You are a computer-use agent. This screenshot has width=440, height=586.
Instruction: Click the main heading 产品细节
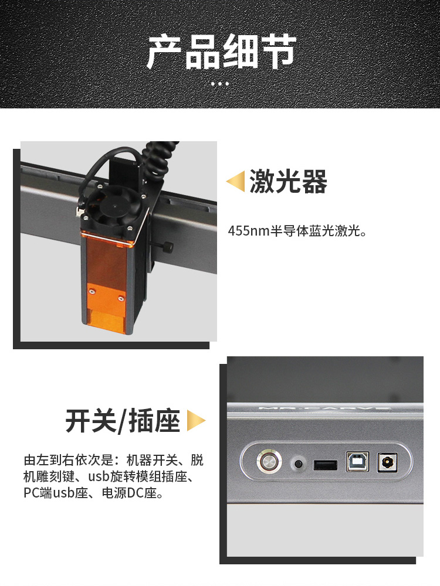(x=221, y=51)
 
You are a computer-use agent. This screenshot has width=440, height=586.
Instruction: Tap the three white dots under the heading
(x=220, y=84)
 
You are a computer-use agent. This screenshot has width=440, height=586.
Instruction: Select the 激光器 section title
(x=288, y=181)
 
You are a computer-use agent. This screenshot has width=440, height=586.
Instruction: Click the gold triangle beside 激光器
(x=235, y=181)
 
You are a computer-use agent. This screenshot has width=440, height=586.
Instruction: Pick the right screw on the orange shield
(x=120, y=298)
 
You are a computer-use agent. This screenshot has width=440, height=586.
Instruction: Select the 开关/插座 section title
(x=123, y=421)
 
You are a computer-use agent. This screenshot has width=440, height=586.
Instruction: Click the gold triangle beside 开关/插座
(x=196, y=421)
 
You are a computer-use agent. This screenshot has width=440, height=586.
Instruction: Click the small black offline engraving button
(x=299, y=464)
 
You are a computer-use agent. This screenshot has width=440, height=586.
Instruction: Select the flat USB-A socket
(x=325, y=465)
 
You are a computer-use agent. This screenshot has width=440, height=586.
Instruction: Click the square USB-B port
(x=357, y=462)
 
